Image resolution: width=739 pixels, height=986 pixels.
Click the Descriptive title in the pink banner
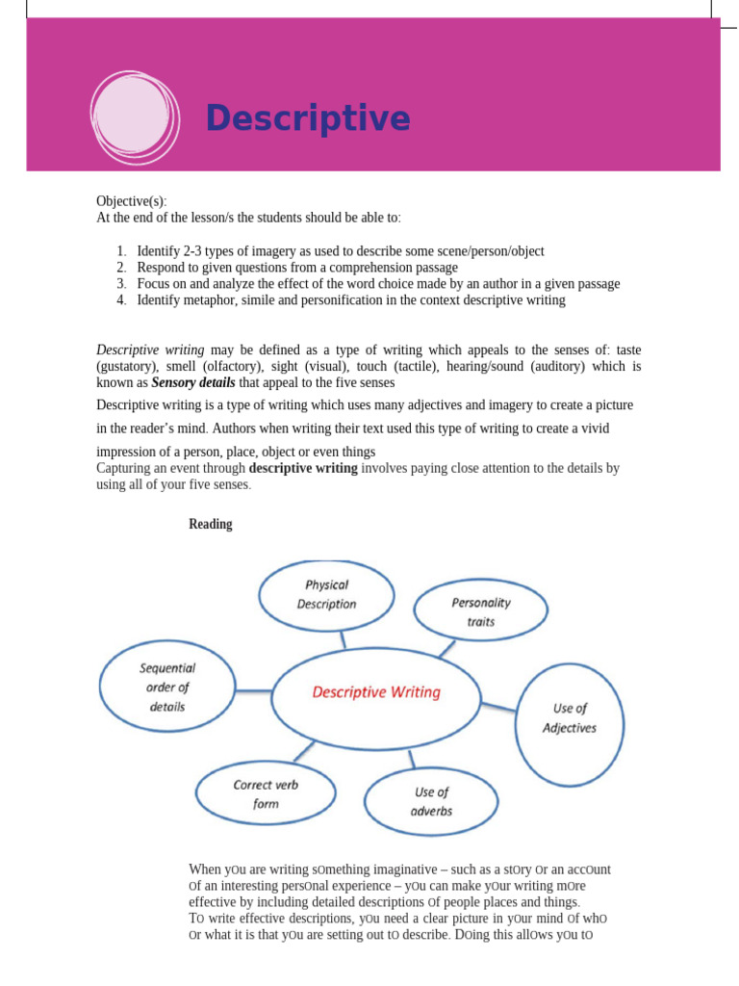point(307,119)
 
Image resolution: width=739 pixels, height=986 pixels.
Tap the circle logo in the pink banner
point(135,115)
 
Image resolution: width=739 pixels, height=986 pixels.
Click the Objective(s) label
point(131,201)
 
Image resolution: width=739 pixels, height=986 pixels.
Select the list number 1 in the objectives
point(122,251)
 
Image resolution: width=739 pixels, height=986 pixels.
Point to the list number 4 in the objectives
point(122,300)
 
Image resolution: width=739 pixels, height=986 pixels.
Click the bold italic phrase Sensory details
point(193,382)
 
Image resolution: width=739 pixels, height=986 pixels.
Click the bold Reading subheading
point(210,525)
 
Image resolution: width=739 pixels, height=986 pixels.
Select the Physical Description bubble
point(326,594)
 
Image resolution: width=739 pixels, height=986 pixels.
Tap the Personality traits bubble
point(480,611)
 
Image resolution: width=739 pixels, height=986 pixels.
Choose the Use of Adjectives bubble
point(570,718)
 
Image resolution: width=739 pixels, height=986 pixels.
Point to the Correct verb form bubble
point(266,793)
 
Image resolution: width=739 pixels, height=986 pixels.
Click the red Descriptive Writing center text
point(375,692)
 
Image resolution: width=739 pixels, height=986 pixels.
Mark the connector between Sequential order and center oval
point(255,689)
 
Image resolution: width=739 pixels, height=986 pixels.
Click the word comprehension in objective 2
point(333,268)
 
